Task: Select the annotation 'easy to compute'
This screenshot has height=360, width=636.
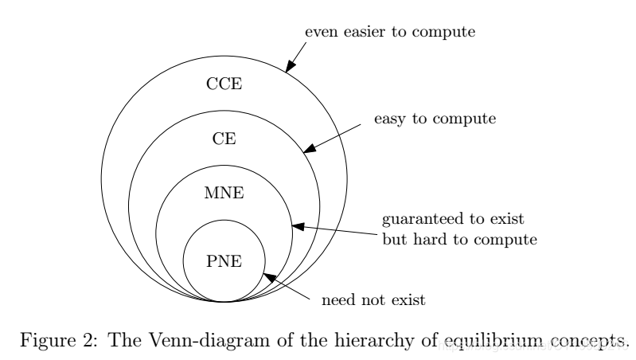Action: click(x=435, y=119)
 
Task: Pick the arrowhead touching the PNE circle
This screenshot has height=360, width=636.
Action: click(x=268, y=277)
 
